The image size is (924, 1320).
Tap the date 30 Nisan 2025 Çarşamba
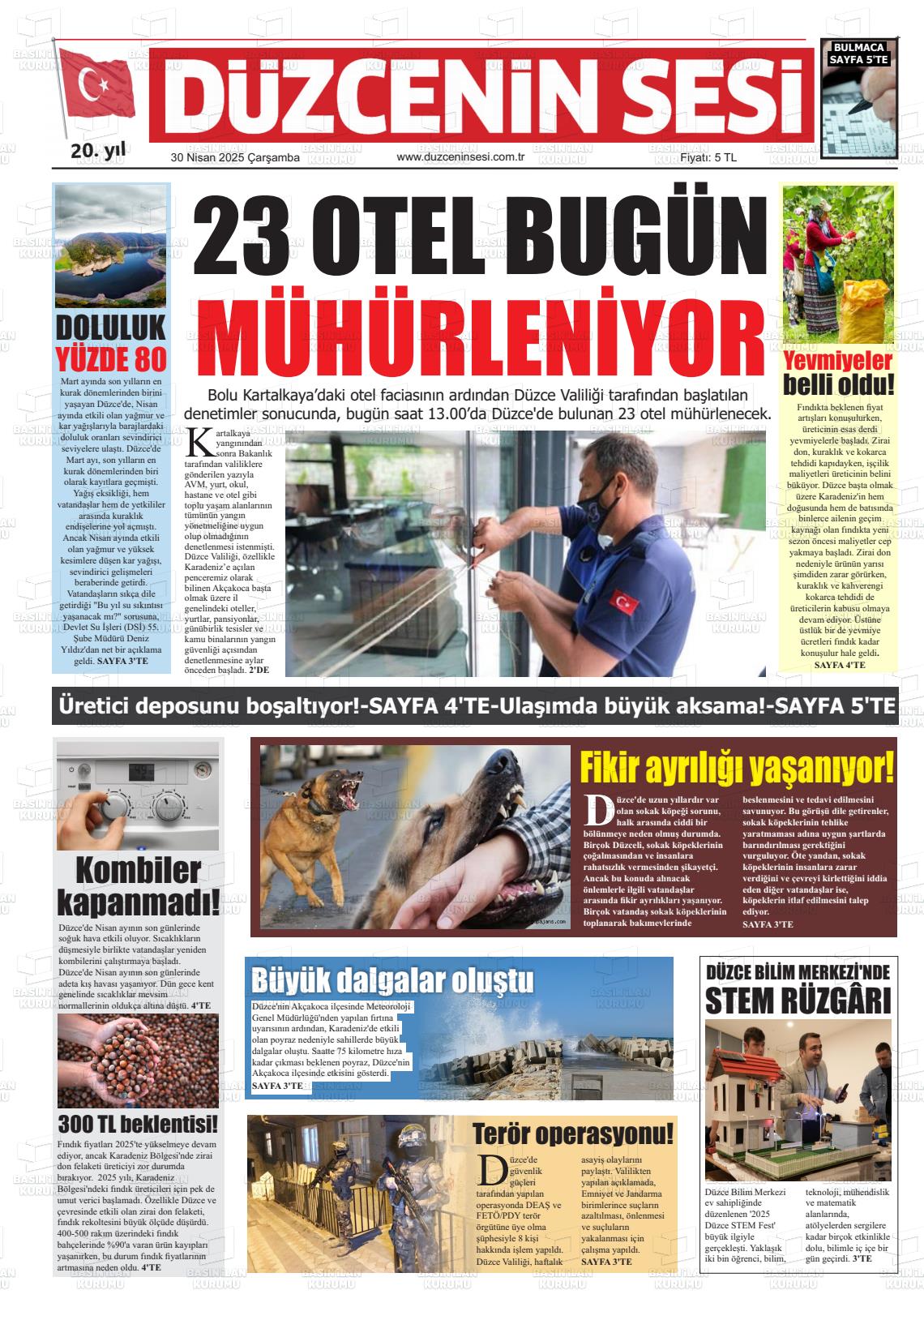point(235,158)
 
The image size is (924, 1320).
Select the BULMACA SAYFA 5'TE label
point(860,54)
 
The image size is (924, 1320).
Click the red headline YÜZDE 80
point(111,358)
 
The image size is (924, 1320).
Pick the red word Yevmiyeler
point(838,361)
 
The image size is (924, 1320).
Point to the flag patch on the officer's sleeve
point(624,603)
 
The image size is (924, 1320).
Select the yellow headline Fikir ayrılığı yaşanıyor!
point(737,766)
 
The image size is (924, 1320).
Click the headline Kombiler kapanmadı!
point(138,885)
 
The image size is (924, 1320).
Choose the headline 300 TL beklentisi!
point(138,1125)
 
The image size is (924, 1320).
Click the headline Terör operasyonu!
point(572,1133)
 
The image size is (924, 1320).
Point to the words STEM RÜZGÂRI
point(798,1001)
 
